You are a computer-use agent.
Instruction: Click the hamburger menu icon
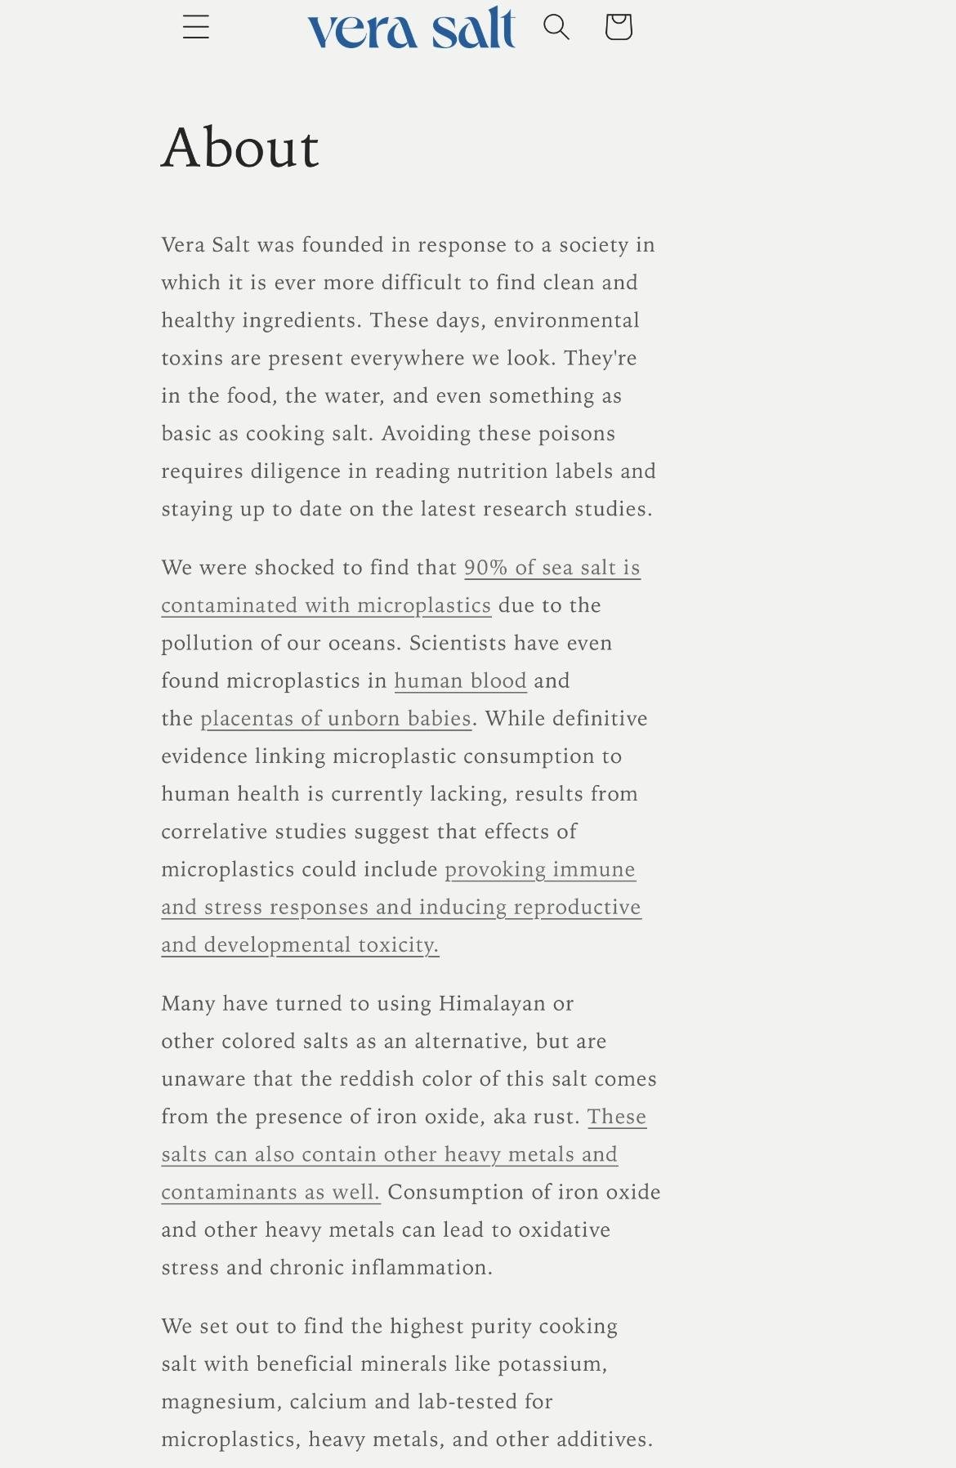196,27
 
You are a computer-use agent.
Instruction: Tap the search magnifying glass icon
556,27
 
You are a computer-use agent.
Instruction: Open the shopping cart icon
619,27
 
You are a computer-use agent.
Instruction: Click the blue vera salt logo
411,29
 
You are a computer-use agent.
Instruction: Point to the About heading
240,148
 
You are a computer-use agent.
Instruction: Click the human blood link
460,681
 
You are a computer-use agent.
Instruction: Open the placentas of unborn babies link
336,719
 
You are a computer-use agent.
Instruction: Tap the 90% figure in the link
485,568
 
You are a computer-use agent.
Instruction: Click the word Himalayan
493,1004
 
